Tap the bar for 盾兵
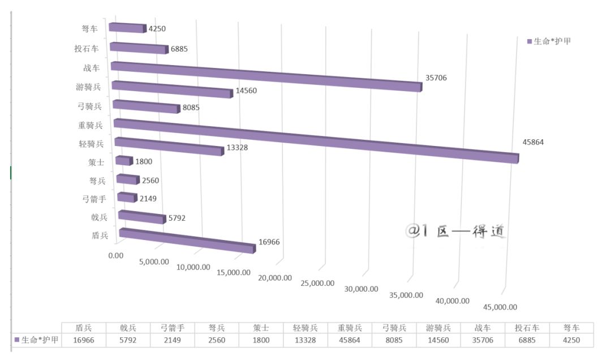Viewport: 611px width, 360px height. (187, 241)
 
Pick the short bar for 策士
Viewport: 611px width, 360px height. (123, 161)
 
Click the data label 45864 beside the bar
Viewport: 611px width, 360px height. (532, 143)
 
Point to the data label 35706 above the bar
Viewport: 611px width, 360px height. (436, 78)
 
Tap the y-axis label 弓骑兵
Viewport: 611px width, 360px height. (89, 106)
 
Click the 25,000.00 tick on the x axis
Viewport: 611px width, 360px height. (317, 283)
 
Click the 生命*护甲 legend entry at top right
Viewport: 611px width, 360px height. (549, 41)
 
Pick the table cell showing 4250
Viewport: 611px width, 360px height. (572, 341)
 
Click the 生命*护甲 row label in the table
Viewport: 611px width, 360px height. (36, 341)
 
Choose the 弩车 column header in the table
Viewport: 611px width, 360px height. (572, 328)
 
